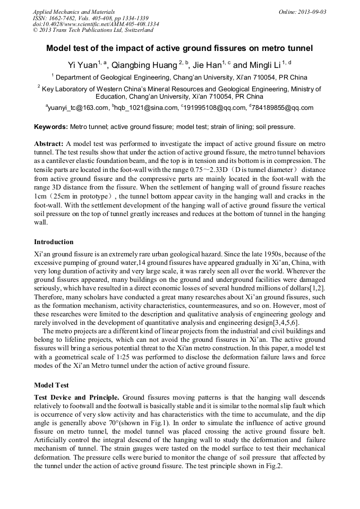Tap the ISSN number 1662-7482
(64, 18)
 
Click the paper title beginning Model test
(179, 48)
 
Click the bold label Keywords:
(51, 127)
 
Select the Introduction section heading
(54, 242)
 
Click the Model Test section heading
(52, 385)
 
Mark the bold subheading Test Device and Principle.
(77, 398)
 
